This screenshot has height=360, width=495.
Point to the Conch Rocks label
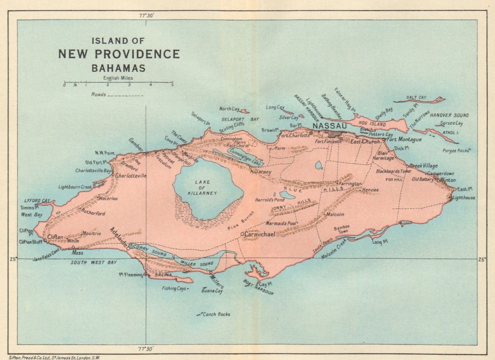(x=216, y=314)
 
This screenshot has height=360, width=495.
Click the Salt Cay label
(x=416, y=97)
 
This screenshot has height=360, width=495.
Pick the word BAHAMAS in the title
(x=118, y=69)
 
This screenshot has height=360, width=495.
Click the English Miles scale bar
(x=118, y=82)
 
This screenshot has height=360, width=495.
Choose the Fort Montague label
(x=405, y=140)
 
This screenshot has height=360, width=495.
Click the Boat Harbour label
(x=258, y=288)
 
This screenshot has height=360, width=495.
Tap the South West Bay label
(x=93, y=262)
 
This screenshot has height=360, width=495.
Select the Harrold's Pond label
(x=270, y=199)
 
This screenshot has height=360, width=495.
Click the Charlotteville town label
(x=131, y=176)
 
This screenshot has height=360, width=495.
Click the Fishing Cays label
(x=174, y=288)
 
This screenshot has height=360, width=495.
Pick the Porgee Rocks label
(x=455, y=151)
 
